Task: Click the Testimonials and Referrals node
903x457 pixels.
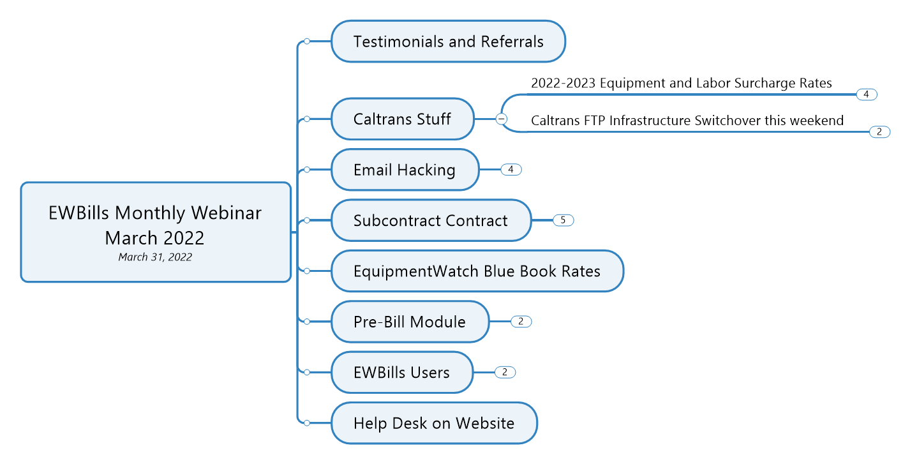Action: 448,41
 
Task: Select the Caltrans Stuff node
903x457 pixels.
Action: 402,119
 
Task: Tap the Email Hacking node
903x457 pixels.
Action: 405,170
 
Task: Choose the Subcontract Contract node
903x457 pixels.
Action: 431,220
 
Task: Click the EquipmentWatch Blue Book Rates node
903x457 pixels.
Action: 477,271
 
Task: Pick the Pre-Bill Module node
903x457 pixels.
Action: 410,322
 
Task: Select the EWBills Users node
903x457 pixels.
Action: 402,372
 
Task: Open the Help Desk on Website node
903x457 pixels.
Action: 434,423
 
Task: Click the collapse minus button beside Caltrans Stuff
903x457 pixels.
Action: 501,119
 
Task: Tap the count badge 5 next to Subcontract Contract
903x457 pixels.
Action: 563,220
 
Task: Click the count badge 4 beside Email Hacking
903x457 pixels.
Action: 511,169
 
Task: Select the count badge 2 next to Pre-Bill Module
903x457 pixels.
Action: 521,322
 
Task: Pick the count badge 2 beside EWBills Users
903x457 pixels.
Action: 505,372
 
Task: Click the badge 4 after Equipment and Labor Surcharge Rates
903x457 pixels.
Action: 867,94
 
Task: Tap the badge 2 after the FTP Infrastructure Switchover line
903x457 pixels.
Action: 879,132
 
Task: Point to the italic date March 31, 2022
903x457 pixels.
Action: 155,257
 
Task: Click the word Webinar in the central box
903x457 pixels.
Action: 226,213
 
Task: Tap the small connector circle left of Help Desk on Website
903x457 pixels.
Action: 307,423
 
